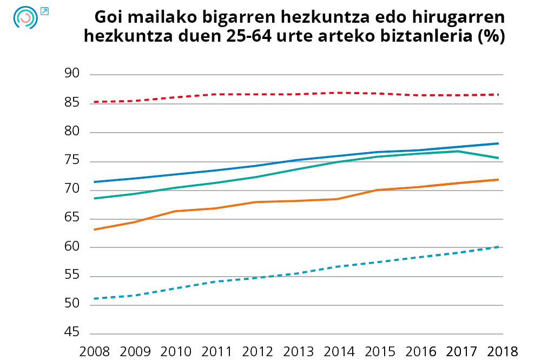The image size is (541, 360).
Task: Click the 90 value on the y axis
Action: point(72,75)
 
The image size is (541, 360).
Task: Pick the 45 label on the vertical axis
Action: point(72,333)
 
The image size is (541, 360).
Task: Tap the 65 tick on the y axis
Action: point(72,219)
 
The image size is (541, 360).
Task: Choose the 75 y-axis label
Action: point(72,161)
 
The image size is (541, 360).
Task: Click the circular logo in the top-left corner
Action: point(25,17)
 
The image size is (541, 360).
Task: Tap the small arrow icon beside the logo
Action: point(44,11)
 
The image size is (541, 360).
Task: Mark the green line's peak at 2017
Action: point(458,151)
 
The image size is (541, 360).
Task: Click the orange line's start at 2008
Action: point(95,230)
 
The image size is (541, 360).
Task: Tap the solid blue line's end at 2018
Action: point(498,143)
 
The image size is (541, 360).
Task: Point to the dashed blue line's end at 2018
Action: point(498,247)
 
